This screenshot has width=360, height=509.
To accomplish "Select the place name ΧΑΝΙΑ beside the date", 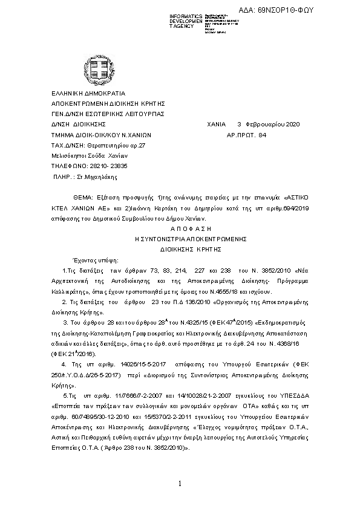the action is tap(217, 124).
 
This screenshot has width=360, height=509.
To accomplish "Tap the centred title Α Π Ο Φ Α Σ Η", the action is tap(180, 229).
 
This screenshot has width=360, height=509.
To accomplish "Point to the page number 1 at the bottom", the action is tap(180, 484).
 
